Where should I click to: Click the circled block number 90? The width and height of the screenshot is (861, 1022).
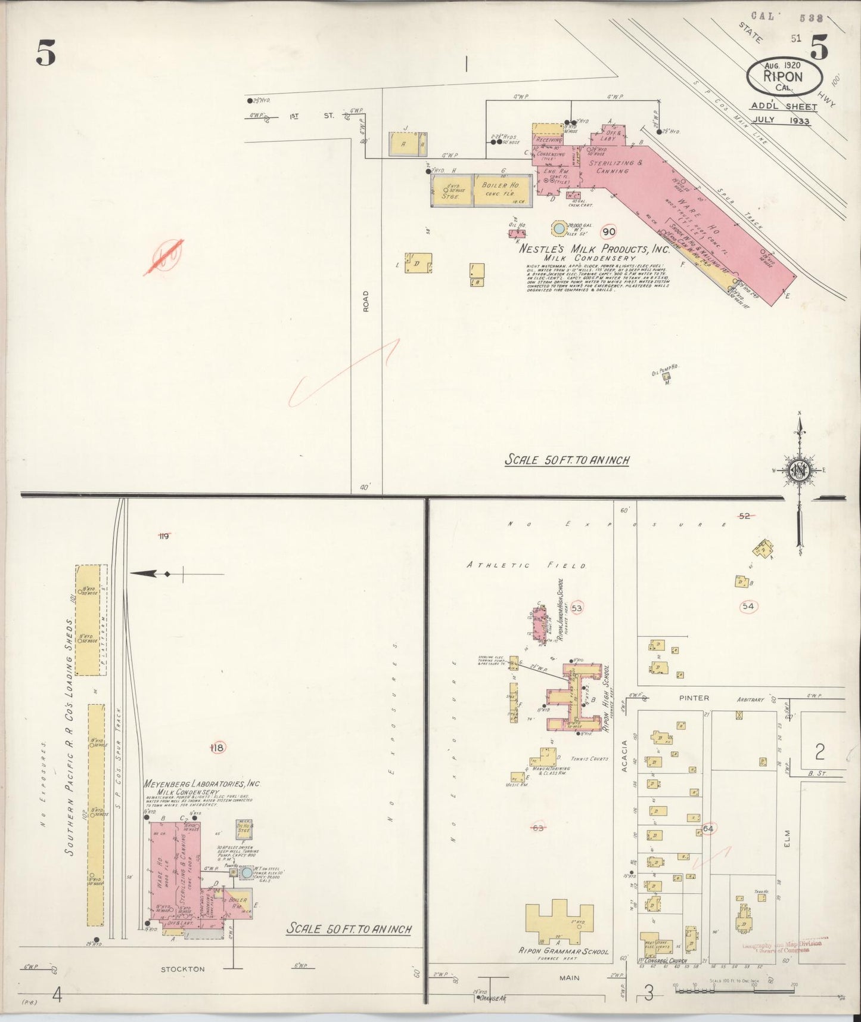point(608,232)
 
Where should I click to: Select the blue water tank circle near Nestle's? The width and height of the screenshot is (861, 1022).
point(559,228)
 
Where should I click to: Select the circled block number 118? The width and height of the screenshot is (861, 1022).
point(218,748)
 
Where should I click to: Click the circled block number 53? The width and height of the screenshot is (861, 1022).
point(576,608)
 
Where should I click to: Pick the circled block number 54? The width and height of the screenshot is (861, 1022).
point(748,606)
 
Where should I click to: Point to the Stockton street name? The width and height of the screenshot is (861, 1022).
point(183,969)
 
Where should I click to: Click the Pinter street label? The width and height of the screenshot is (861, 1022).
point(694,698)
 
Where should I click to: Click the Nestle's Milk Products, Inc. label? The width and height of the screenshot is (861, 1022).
point(594,249)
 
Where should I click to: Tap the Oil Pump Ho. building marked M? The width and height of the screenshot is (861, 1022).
point(667,376)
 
